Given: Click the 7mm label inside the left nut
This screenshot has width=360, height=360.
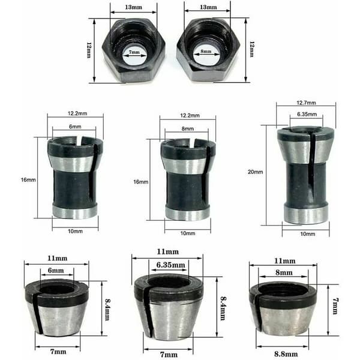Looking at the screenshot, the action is tap(134, 52).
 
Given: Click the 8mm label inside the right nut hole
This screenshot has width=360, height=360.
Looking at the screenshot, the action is tap(206, 51).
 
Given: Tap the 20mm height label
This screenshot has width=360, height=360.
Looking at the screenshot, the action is tap(256, 172).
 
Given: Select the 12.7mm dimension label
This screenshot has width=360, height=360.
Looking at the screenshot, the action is tap(306, 103).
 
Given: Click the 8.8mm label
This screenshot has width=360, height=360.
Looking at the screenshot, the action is tap(286, 354).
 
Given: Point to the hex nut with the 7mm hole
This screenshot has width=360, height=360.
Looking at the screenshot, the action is tap(134, 50).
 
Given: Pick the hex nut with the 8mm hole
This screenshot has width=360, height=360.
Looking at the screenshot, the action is tap(208, 50).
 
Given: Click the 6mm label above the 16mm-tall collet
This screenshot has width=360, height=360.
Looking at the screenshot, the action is tap(75, 127).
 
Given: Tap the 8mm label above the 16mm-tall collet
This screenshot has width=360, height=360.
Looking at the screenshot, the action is tap(188, 128).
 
